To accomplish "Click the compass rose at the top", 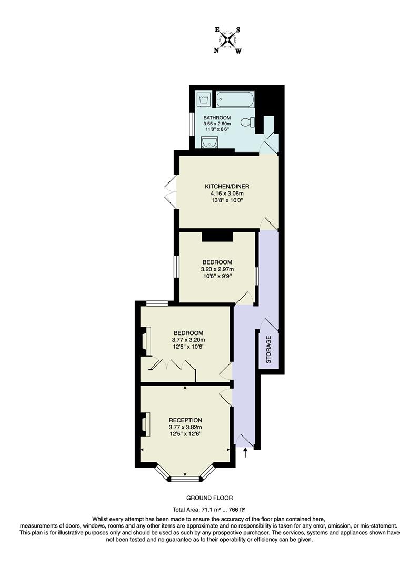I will point(227,40).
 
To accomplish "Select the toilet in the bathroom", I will point(247,122).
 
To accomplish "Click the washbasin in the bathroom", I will point(210,142).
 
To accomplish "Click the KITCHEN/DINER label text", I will point(227,186).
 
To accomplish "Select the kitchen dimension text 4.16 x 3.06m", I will point(227,193).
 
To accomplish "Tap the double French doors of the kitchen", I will point(171,192).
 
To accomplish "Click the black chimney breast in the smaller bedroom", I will point(217,237).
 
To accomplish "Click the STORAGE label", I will point(268,350).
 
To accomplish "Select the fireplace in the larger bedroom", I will point(145,342).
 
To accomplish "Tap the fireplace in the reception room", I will point(145,424).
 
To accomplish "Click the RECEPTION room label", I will point(185,420).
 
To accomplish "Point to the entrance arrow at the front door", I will point(245,452).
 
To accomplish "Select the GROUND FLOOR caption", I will point(209,498).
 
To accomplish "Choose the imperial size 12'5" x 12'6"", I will point(185,434).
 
